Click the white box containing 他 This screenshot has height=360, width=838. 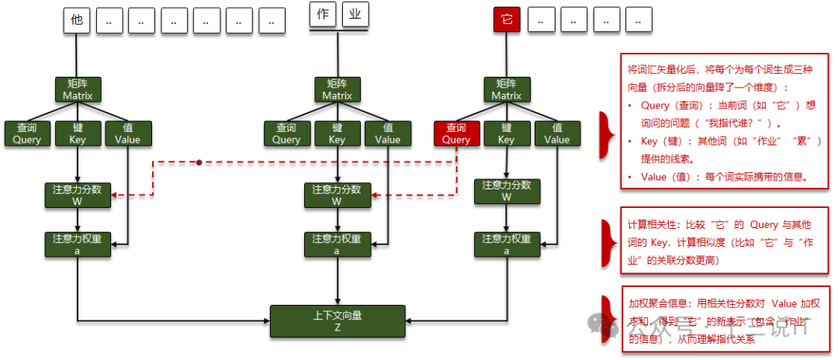76,21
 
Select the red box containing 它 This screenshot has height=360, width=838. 507,21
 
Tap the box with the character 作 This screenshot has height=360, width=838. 323,16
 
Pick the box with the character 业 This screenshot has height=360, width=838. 355,16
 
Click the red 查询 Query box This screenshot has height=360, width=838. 456,133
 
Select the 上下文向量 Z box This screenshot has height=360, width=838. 338,321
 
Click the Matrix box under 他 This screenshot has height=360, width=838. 77,89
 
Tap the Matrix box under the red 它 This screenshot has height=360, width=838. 506,89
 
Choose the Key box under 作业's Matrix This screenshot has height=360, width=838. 337,133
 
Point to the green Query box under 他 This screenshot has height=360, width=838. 27,133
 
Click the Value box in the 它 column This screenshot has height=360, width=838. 556,133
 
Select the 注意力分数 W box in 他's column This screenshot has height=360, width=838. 77,195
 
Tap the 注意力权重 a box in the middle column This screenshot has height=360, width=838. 337,244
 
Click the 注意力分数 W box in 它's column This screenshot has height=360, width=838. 506,191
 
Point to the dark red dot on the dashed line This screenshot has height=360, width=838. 199,162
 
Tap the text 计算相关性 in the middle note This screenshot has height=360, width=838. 652,224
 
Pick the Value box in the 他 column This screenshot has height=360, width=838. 127,133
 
